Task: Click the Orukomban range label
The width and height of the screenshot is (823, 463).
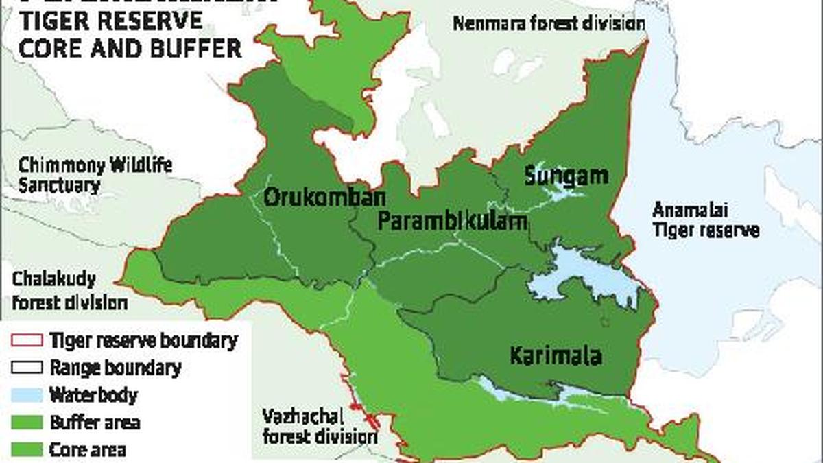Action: click(315, 198)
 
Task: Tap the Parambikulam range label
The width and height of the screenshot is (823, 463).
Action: click(453, 221)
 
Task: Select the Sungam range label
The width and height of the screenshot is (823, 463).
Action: click(566, 176)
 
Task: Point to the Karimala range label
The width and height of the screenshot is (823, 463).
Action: click(556, 356)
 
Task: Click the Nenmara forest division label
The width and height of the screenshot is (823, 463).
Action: click(549, 24)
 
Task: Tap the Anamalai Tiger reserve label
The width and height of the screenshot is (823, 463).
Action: click(706, 219)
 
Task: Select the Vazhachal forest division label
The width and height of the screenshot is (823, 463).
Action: click(320, 426)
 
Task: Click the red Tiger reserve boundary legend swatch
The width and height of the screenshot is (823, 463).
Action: click(25, 340)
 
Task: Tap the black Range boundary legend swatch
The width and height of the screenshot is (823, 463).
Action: click(25, 368)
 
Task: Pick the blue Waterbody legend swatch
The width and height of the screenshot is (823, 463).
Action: click(25, 395)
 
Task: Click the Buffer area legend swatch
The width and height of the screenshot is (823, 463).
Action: click(25, 422)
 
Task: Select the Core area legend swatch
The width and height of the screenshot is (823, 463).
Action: click(25, 449)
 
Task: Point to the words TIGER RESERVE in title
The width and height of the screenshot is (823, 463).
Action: click(111, 21)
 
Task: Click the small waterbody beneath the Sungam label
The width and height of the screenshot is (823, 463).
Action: click(562, 195)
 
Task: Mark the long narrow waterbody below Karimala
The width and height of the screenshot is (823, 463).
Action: click(549, 392)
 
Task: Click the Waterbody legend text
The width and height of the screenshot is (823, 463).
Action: click(93, 395)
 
